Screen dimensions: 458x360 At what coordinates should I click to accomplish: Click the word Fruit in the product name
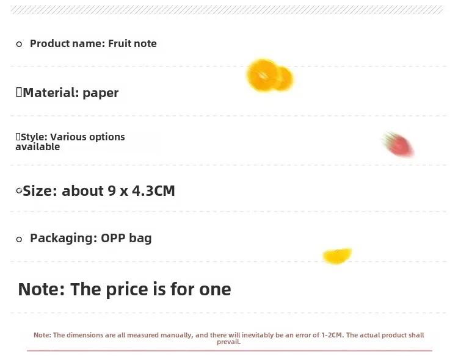(118, 43)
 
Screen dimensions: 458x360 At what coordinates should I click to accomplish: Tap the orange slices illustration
(269, 75)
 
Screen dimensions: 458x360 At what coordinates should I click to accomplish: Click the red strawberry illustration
(398, 144)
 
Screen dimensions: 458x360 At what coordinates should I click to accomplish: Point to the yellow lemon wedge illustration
(337, 256)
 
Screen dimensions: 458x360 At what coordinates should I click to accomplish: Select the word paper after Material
(101, 93)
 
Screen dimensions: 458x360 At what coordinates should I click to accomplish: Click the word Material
(51, 93)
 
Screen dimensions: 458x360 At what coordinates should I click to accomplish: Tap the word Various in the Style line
(68, 137)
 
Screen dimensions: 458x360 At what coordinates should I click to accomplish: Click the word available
(38, 146)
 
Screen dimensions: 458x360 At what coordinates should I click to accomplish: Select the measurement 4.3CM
(153, 191)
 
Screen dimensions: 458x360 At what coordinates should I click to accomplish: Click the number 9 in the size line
(112, 191)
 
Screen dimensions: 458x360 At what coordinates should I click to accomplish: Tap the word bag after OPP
(140, 238)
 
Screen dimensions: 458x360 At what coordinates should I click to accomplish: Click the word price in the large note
(127, 290)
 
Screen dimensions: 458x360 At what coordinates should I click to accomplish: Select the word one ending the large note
(215, 290)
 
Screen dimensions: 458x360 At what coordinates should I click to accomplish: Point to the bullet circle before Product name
(19, 44)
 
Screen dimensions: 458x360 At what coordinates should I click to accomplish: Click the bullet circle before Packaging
(19, 239)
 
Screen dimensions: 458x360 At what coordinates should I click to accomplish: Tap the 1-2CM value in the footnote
(331, 335)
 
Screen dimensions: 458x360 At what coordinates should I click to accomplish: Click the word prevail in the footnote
(228, 342)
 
